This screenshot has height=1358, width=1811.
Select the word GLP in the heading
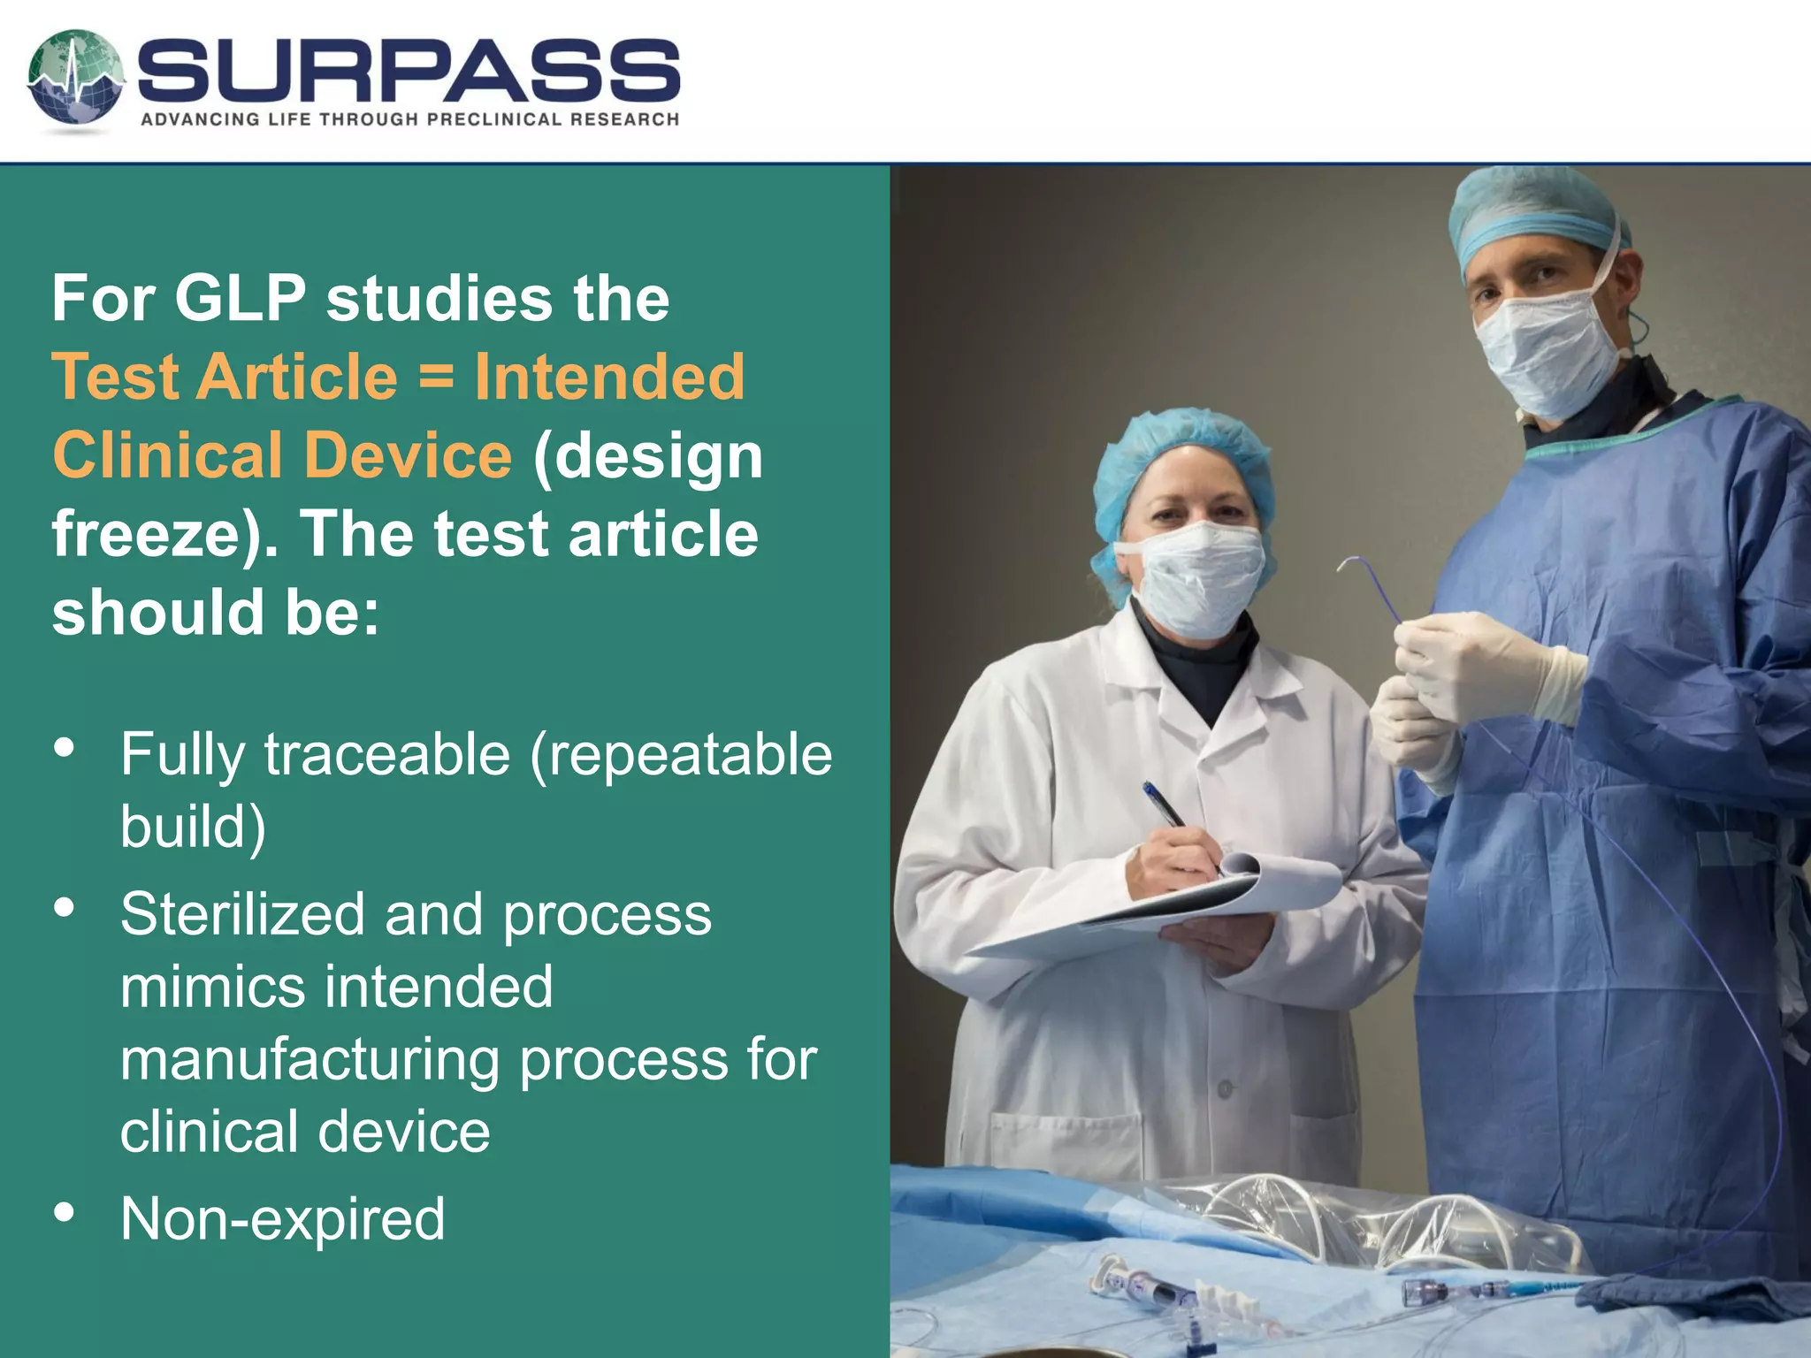point(241,298)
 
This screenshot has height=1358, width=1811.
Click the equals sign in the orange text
point(435,377)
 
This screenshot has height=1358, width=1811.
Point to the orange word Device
point(408,455)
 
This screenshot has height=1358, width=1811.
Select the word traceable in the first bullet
point(387,755)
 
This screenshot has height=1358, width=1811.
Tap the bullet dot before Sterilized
point(65,908)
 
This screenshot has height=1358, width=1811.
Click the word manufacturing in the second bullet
point(309,1059)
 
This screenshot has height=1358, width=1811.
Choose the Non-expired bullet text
point(283,1218)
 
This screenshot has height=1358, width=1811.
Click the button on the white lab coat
point(1225,1089)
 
